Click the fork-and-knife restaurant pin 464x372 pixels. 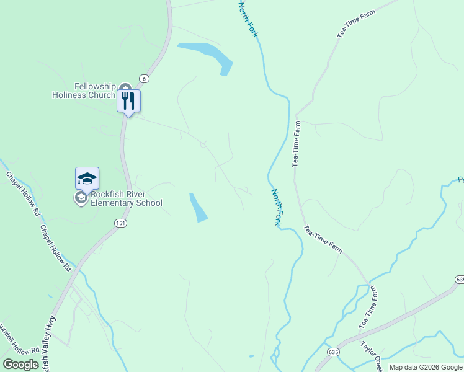click(x=128, y=100)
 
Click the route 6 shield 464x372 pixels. click(x=144, y=78)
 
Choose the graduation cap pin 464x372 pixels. click(x=87, y=179)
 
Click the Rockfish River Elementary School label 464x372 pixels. click(x=127, y=198)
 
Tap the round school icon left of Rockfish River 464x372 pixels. click(x=80, y=198)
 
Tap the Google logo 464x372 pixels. click(x=20, y=365)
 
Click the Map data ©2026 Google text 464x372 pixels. click(x=426, y=367)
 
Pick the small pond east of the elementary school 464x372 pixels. click(x=199, y=208)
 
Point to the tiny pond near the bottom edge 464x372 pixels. click(x=251, y=356)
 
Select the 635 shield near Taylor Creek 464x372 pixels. click(x=334, y=352)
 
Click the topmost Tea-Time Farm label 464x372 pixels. click(x=357, y=24)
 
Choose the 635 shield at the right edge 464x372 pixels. click(x=459, y=280)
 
